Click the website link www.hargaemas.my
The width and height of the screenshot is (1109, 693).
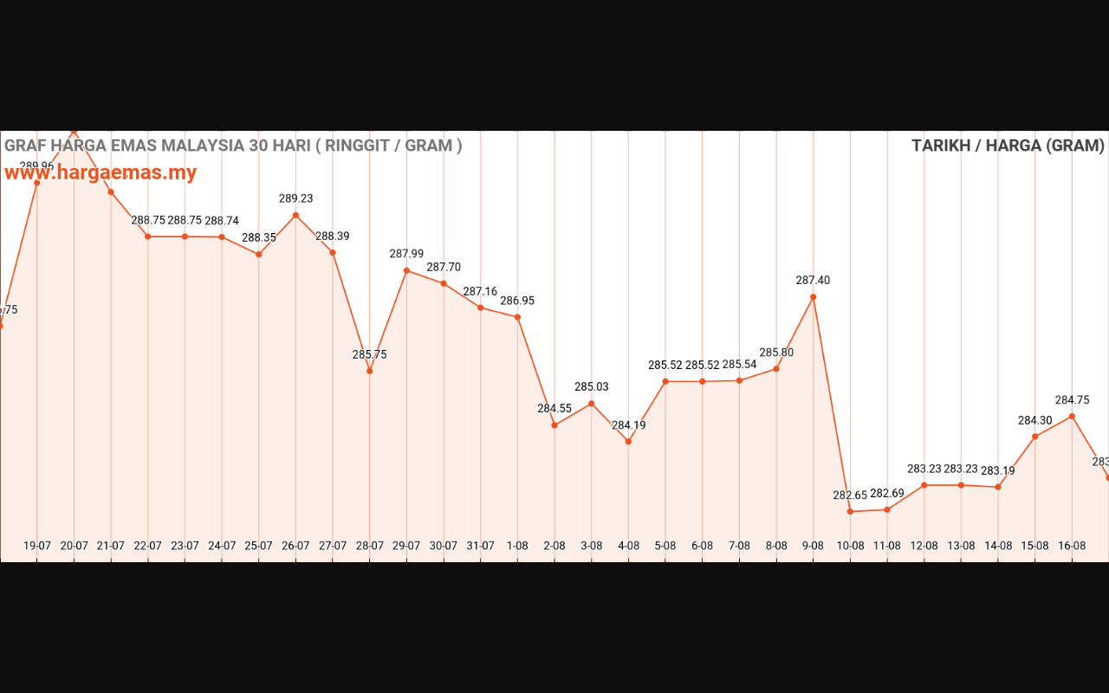click(101, 172)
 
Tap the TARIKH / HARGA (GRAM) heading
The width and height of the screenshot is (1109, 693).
click(1008, 146)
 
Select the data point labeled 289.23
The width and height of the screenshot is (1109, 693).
click(295, 215)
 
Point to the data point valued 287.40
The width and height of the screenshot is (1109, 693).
click(813, 297)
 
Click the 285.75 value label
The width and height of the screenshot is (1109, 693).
click(370, 354)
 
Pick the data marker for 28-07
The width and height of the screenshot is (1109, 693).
click(370, 371)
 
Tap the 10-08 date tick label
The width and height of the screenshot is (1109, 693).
click(850, 546)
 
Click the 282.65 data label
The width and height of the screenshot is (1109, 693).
click(850, 495)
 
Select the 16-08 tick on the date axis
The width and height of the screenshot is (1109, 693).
click(1072, 546)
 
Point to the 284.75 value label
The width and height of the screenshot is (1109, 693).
click(1072, 400)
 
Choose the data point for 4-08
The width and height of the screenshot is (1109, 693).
click(628, 442)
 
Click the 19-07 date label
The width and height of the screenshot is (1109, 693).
click(37, 546)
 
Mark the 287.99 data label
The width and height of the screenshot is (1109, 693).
click(406, 254)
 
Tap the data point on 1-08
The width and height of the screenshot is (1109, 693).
click(517, 317)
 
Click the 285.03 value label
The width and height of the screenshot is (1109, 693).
click(592, 386)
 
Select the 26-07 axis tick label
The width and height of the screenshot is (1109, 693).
click(295, 546)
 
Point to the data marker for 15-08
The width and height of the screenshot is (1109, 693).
click(1035, 437)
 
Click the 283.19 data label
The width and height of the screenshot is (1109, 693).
click(998, 471)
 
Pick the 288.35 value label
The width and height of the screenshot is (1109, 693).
click(259, 237)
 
